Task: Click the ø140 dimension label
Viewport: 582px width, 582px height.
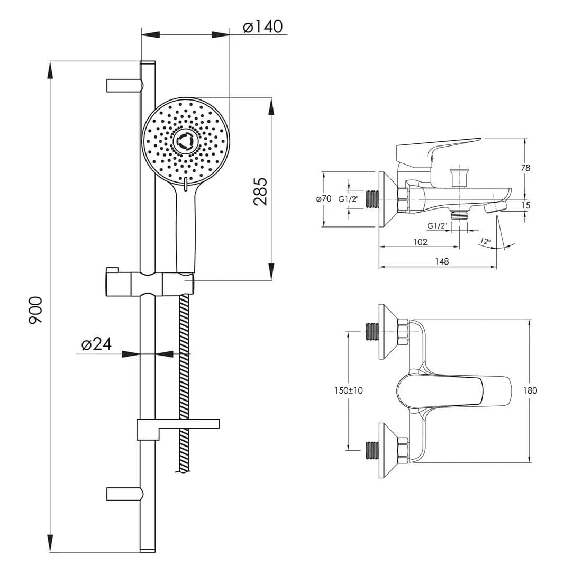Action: tap(263, 26)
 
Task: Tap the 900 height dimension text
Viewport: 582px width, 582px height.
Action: tap(35, 310)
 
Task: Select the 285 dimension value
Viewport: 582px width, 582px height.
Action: tap(260, 192)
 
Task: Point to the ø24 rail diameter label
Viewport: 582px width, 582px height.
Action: tap(96, 344)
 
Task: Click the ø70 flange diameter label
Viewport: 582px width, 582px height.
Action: tap(324, 198)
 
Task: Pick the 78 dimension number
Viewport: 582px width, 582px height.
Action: tap(525, 168)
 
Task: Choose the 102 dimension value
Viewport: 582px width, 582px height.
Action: tap(420, 242)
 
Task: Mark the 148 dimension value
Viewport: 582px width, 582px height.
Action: tap(442, 261)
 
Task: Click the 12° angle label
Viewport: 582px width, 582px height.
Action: tap(486, 241)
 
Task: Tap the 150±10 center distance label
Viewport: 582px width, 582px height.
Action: tap(349, 390)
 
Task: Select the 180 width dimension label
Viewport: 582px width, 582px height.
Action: tap(530, 390)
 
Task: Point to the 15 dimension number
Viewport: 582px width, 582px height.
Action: tap(525, 205)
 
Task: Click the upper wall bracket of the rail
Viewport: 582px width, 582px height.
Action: tap(125, 85)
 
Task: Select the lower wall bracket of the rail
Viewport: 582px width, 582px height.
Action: tap(125, 494)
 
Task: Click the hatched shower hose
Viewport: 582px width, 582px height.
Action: tap(184, 383)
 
